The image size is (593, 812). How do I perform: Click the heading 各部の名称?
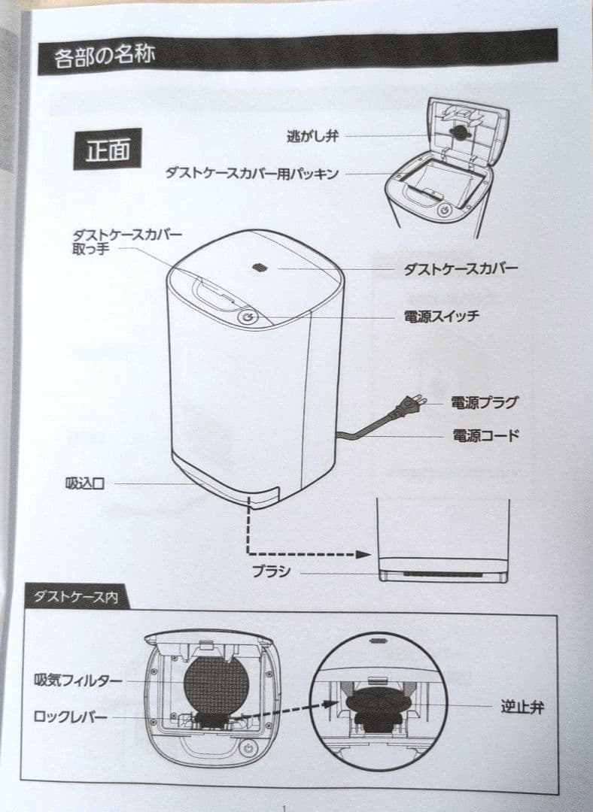point(104,55)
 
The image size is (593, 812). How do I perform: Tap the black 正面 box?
point(108,150)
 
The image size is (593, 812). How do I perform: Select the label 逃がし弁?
point(312,136)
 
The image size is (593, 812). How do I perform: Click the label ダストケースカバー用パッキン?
point(252,173)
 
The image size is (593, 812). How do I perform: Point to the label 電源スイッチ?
point(441,316)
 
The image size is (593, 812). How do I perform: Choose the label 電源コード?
point(485,435)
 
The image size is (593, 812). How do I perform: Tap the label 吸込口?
point(85,483)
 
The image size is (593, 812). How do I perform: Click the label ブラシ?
point(271,571)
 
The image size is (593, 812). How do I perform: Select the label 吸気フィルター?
point(78,680)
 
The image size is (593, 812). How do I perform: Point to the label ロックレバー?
point(71,717)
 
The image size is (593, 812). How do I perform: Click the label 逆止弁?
point(522,707)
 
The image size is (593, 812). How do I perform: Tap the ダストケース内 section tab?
point(77,597)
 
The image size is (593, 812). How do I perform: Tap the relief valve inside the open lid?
point(458,132)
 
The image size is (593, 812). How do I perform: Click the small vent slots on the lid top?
point(260,267)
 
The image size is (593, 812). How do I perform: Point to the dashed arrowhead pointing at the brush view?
point(363,555)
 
